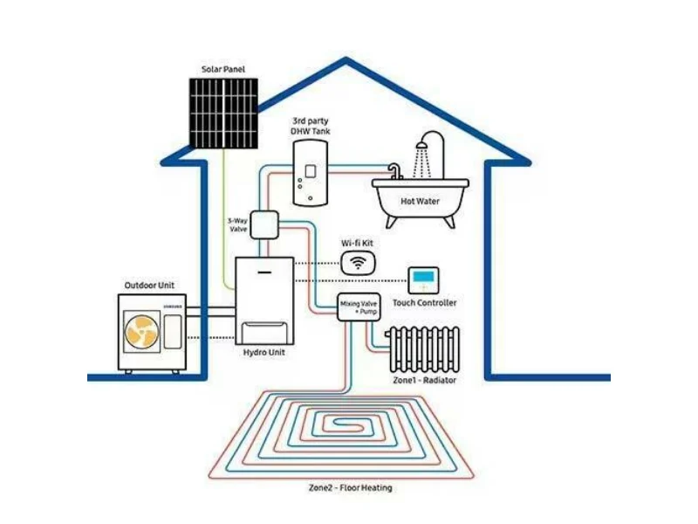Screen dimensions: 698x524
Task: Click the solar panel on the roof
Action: pos(223,114)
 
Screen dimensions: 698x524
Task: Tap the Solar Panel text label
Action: pos(223,69)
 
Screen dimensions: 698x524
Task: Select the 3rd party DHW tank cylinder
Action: pos(311,173)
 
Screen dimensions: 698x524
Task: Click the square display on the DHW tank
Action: pos(311,171)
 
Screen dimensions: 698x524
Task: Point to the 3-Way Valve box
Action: pos(264,224)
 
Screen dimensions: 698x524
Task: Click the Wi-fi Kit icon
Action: pos(358,262)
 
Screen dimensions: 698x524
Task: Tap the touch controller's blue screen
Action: pos(423,277)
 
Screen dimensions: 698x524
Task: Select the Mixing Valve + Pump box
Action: pos(359,307)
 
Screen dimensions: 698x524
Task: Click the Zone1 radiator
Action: pos(424,349)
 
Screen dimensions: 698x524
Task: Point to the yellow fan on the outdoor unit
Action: pos(141,332)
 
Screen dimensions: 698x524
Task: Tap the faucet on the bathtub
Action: pos(395,171)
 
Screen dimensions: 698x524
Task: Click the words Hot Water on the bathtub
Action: pos(420,201)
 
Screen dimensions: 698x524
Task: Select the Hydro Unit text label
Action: pos(264,353)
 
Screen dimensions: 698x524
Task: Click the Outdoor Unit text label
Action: pos(149,286)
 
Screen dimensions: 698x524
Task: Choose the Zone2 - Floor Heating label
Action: pos(351,487)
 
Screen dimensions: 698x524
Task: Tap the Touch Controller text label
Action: pos(425,302)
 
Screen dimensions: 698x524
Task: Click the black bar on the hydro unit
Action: pos(264,272)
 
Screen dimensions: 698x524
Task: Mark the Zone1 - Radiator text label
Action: pos(425,380)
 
